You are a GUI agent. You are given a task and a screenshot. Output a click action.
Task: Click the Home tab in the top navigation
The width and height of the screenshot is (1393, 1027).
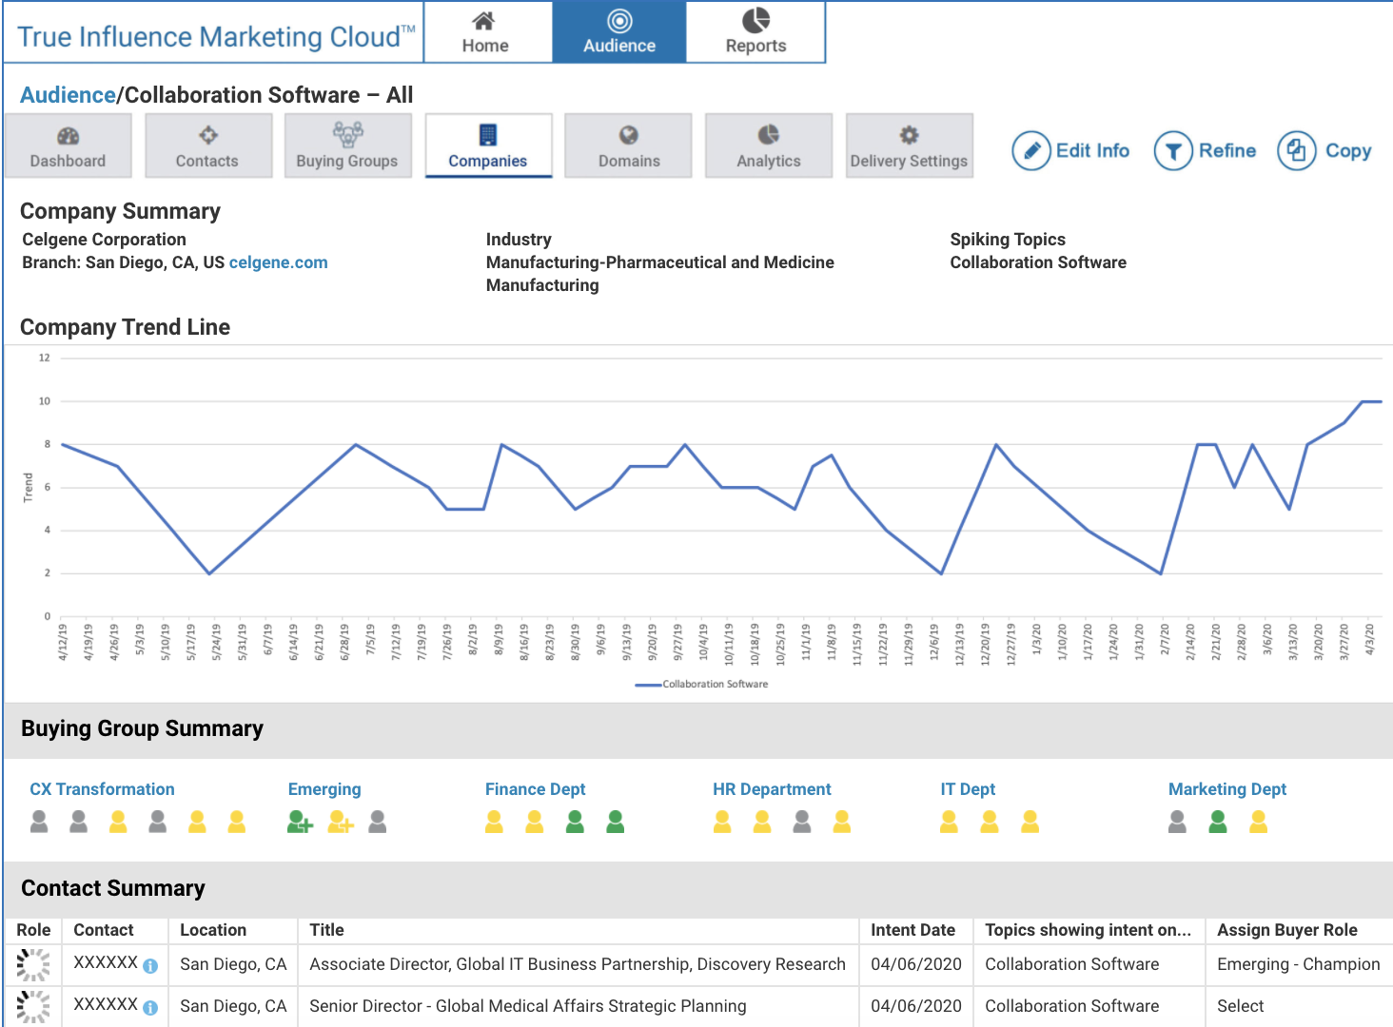click(485, 32)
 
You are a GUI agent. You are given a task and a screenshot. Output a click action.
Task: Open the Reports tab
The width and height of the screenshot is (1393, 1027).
click(755, 32)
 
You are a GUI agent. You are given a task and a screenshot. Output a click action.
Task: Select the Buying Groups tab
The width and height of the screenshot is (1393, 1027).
click(347, 146)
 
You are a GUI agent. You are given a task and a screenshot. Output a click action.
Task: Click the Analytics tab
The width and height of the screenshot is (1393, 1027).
click(769, 146)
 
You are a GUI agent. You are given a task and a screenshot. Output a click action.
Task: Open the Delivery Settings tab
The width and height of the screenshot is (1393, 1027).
click(909, 146)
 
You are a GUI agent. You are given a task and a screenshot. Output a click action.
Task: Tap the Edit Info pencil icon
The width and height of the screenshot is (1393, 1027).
click(1030, 151)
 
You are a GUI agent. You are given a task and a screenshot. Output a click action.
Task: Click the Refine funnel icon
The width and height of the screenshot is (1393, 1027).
click(1173, 151)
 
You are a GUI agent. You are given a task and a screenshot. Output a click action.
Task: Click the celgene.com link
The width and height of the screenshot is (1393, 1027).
click(278, 262)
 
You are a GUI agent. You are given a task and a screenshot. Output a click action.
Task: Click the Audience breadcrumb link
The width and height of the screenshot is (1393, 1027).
click(68, 95)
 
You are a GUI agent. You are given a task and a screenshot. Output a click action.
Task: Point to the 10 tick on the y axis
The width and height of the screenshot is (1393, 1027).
click(45, 401)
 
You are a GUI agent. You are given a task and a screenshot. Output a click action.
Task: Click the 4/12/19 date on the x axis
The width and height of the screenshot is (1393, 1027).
click(63, 642)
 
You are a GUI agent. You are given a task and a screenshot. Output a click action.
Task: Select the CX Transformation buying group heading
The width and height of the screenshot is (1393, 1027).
click(102, 789)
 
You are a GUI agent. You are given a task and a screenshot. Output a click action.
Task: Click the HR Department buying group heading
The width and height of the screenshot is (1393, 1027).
click(772, 789)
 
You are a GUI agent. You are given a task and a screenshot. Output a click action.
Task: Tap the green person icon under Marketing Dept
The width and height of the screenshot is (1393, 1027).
click(1218, 822)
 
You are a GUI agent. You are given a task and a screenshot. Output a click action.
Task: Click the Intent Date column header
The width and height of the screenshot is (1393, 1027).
click(912, 930)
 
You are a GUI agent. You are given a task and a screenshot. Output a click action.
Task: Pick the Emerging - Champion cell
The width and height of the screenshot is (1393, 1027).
click(1298, 964)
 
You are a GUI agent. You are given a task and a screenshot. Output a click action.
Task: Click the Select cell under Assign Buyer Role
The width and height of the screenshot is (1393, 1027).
click(1240, 1006)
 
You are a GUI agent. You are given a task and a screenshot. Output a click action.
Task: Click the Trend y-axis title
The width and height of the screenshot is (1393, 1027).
click(29, 487)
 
